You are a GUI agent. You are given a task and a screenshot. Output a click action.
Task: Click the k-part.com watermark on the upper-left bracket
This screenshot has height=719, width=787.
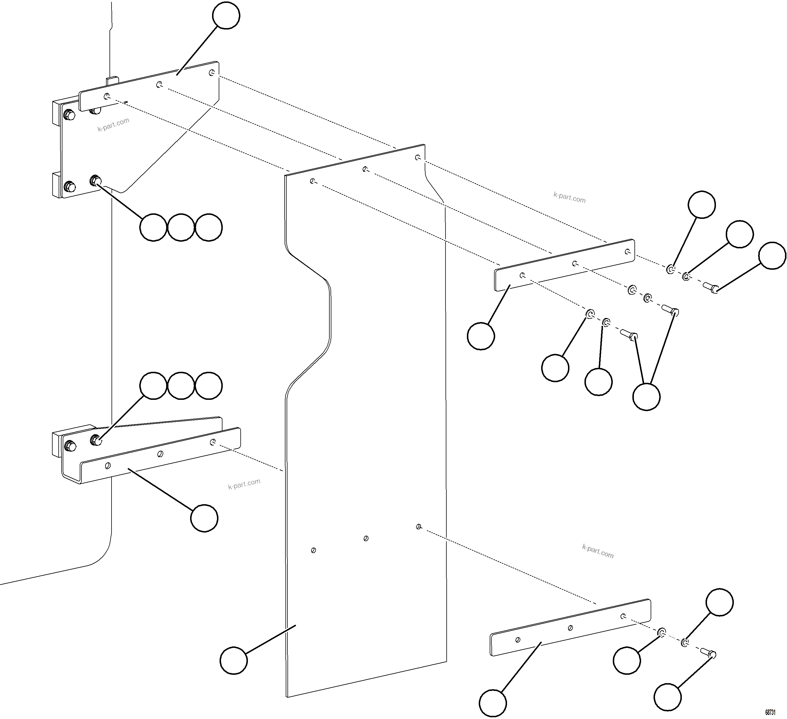[x=113, y=125]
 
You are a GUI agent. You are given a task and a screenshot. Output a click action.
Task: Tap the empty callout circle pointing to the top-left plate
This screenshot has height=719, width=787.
[x=226, y=15]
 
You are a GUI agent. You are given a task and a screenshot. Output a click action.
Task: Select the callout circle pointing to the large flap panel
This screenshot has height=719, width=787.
[x=233, y=660]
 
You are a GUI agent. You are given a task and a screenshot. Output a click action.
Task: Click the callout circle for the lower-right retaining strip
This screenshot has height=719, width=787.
[x=493, y=703]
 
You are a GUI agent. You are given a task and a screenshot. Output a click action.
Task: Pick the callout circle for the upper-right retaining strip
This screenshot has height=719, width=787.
[x=480, y=336]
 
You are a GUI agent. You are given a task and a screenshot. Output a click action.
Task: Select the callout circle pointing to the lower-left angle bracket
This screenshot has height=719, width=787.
[x=204, y=518]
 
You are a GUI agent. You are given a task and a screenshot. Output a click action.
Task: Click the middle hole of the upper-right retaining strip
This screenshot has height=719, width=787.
[x=575, y=264]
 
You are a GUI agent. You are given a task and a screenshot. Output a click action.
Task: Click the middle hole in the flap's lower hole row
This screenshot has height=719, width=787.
[x=366, y=538]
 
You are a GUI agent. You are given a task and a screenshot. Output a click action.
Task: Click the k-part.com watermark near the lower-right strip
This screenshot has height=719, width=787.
[x=598, y=551]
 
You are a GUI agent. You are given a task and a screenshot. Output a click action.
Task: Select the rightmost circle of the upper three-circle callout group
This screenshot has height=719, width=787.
[x=209, y=227]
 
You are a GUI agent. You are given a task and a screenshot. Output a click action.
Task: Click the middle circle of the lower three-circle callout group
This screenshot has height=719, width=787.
[x=181, y=385]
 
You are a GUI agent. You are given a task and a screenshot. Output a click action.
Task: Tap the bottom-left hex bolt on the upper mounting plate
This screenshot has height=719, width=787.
[x=70, y=186]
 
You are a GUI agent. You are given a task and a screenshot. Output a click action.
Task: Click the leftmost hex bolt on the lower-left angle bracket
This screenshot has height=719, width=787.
[x=70, y=445]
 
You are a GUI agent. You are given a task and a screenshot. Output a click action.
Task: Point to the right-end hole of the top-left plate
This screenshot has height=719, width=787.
[x=211, y=73]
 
